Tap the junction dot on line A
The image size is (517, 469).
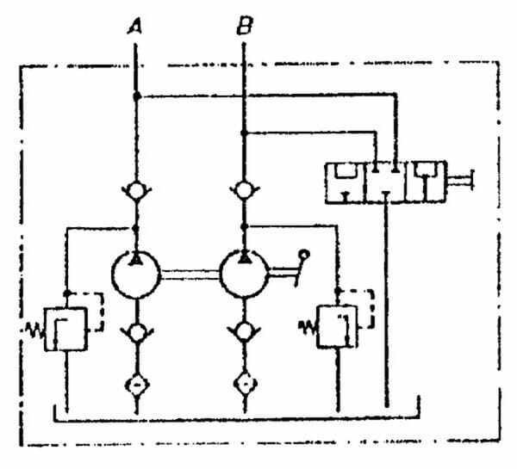136,96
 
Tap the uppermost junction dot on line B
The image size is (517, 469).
245,133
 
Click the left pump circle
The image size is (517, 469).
136,273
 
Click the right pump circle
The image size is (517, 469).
245,273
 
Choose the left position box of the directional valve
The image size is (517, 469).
346,182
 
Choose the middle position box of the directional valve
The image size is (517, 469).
389,182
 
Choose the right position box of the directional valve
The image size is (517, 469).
433,182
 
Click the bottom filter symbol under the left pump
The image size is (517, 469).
136,381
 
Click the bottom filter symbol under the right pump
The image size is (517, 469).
245,381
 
